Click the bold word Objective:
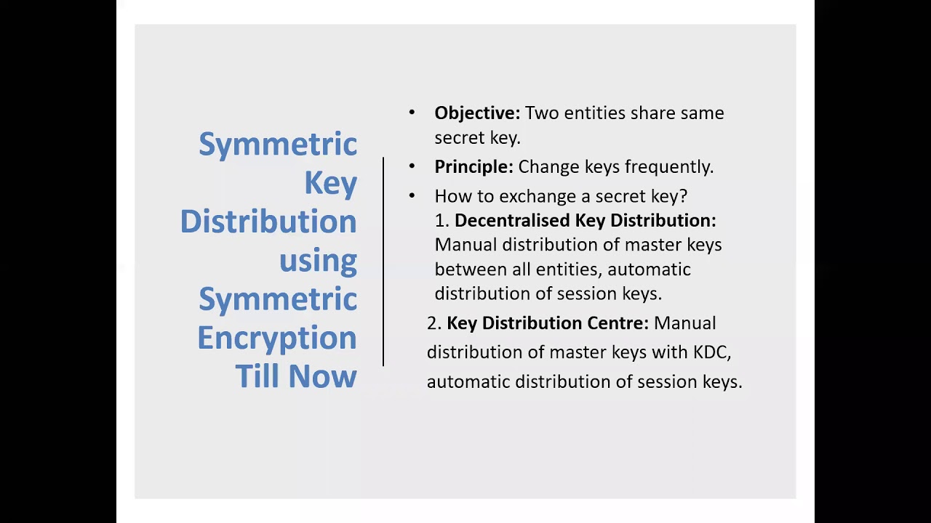coord(477,113)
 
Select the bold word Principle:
coord(474,167)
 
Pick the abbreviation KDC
coord(710,352)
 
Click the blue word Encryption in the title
coord(277,338)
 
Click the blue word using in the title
coord(318,261)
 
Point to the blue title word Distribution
coord(268,222)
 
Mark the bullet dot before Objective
coord(412,113)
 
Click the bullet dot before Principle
coord(412,166)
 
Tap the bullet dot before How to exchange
coord(412,196)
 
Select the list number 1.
coord(441,221)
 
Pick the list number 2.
coord(433,323)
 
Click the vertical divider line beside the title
coord(383,261)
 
